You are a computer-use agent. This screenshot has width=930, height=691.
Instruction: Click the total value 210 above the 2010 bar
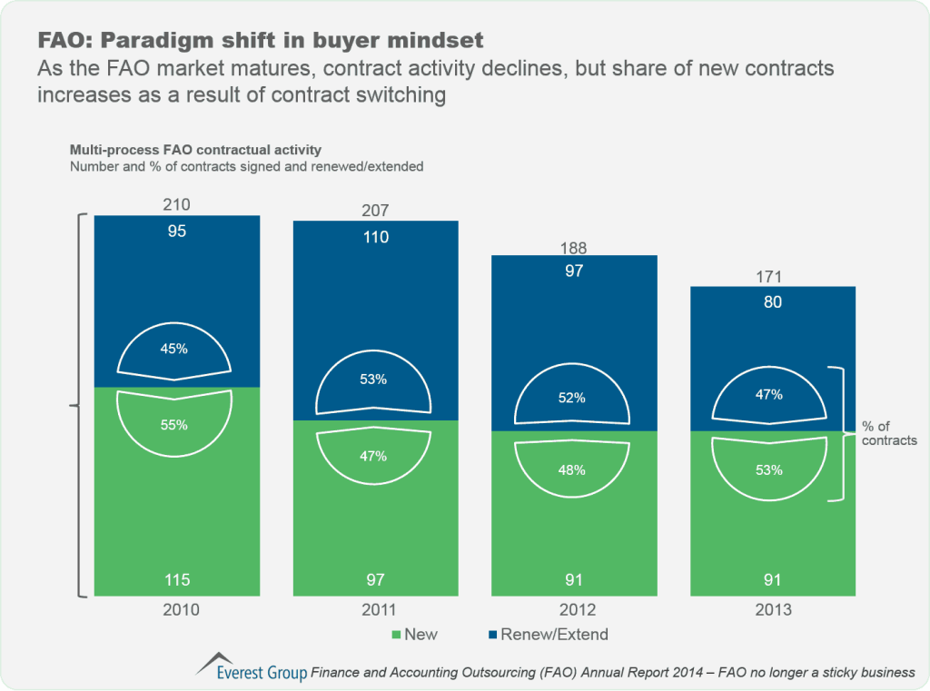tap(177, 205)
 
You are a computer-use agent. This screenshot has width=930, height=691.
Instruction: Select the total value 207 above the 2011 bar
tap(375, 211)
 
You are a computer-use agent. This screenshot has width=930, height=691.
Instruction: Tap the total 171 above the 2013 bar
tap(772, 276)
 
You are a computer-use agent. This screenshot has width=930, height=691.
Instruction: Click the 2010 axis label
tap(177, 610)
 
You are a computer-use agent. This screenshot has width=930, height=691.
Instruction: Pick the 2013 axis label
tap(772, 610)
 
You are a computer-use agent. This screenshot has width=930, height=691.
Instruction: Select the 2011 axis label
tap(375, 610)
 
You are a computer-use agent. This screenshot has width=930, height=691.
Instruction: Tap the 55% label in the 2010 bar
tap(175, 424)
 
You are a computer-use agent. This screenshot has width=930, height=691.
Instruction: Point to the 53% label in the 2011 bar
tap(373, 380)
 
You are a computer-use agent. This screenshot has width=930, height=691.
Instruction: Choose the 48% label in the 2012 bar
tap(572, 470)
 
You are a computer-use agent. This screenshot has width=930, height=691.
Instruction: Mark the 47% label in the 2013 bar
tap(771, 396)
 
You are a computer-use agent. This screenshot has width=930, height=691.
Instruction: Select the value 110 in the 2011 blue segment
tap(375, 238)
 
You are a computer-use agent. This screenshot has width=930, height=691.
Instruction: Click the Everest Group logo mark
tap(213, 663)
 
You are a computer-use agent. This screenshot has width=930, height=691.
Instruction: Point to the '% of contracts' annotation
tap(888, 434)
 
